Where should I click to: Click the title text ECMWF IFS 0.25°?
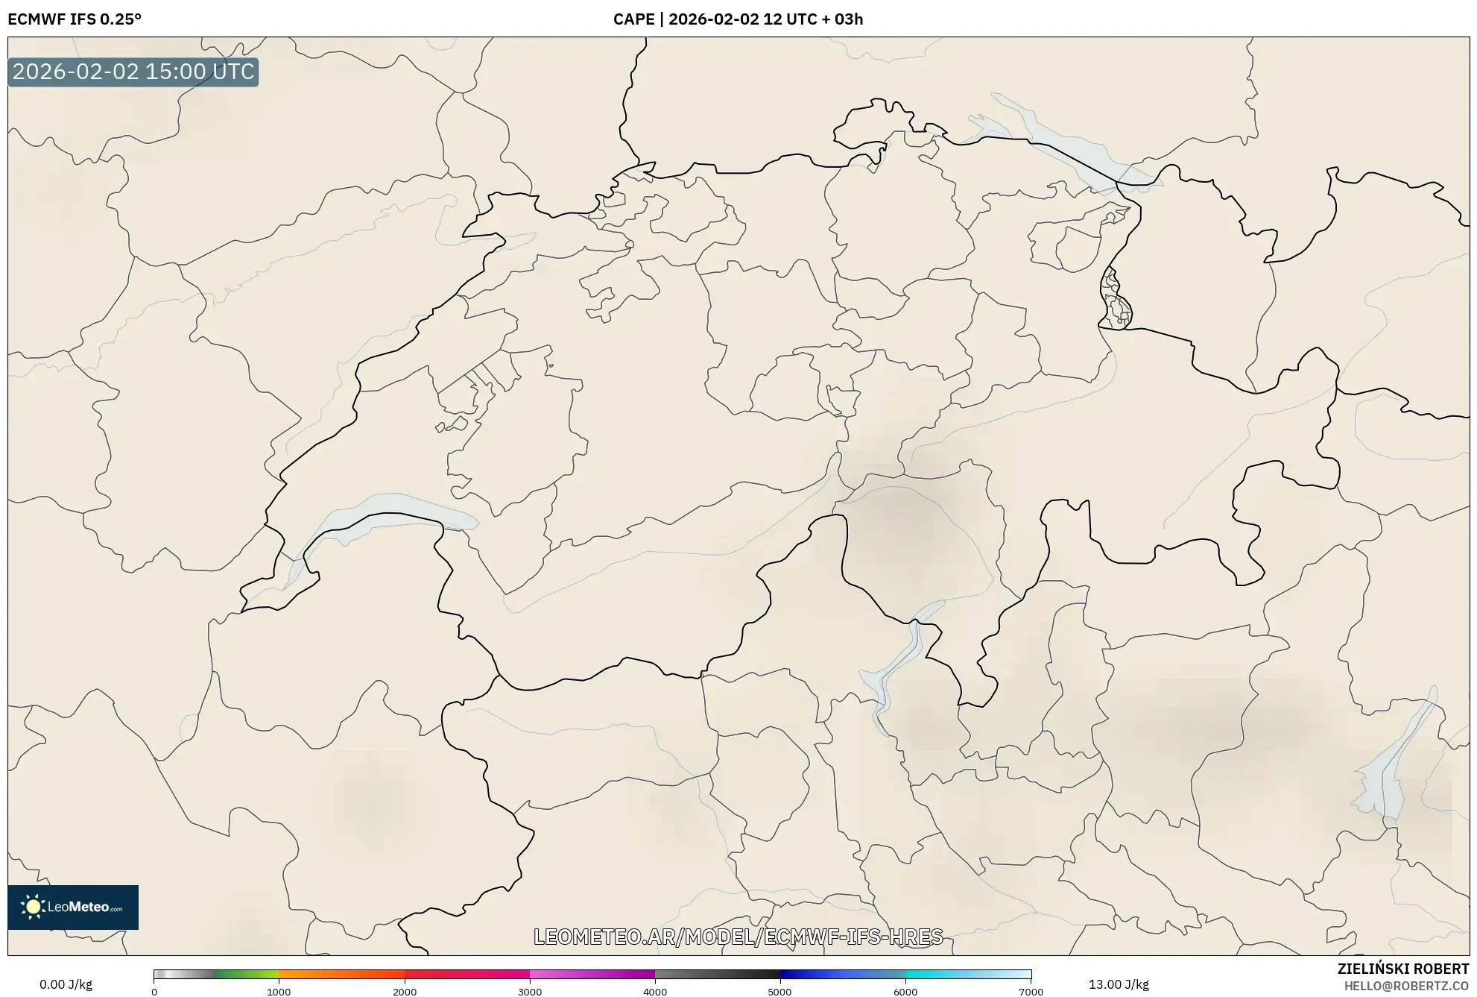click(75, 19)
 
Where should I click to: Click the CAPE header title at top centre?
click(738, 19)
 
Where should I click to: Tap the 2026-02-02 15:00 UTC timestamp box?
click(133, 72)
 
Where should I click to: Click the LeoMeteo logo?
click(73, 907)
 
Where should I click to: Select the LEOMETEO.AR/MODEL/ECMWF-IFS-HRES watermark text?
click(738, 937)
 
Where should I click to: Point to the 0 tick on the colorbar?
click(154, 992)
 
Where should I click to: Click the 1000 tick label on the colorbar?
click(279, 992)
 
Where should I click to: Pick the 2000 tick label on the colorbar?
click(405, 992)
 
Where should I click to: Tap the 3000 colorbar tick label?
click(530, 992)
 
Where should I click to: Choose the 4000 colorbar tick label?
click(655, 992)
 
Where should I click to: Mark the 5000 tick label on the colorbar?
click(780, 992)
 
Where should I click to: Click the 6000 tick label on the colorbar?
click(905, 992)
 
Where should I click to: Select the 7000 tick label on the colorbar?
click(1031, 992)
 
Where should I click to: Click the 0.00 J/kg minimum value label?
click(66, 984)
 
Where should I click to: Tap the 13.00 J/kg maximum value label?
click(1118, 984)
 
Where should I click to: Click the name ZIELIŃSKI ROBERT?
click(1402, 969)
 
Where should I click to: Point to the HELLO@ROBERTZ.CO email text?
click(1406, 986)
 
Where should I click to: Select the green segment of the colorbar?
click(246, 974)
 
